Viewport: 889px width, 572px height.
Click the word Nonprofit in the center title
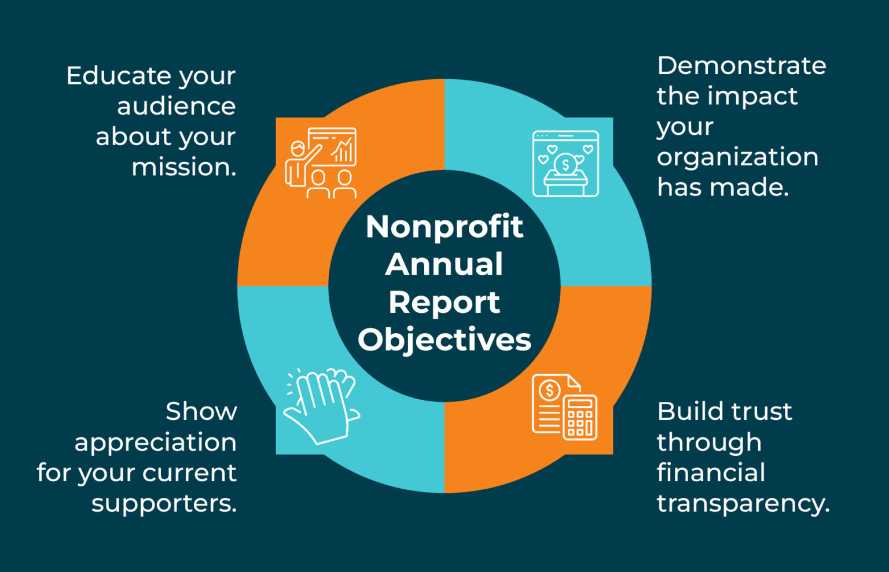tap(444, 226)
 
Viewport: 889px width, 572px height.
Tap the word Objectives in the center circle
tap(444, 339)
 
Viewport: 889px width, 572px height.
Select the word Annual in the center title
tap(444, 264)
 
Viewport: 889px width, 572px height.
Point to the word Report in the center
tap(444, 302)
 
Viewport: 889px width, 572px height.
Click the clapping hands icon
tap(321, 406)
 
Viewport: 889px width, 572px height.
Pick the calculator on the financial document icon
tap(580, 418)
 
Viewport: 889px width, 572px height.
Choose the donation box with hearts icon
tap(565, 164)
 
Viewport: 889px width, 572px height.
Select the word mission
tap(183, 167)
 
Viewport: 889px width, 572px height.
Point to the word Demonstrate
tap(741, 65)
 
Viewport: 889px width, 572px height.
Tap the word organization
tap(737, 157)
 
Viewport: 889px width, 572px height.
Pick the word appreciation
tap(155, 443)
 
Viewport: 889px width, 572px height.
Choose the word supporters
tap(164, 504)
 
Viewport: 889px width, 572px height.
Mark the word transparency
tap(743, 504)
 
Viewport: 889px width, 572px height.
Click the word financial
tap(711, 473)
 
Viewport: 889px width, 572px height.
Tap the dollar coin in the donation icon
tap(565, 164)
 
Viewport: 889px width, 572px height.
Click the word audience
tap(176, 106)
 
